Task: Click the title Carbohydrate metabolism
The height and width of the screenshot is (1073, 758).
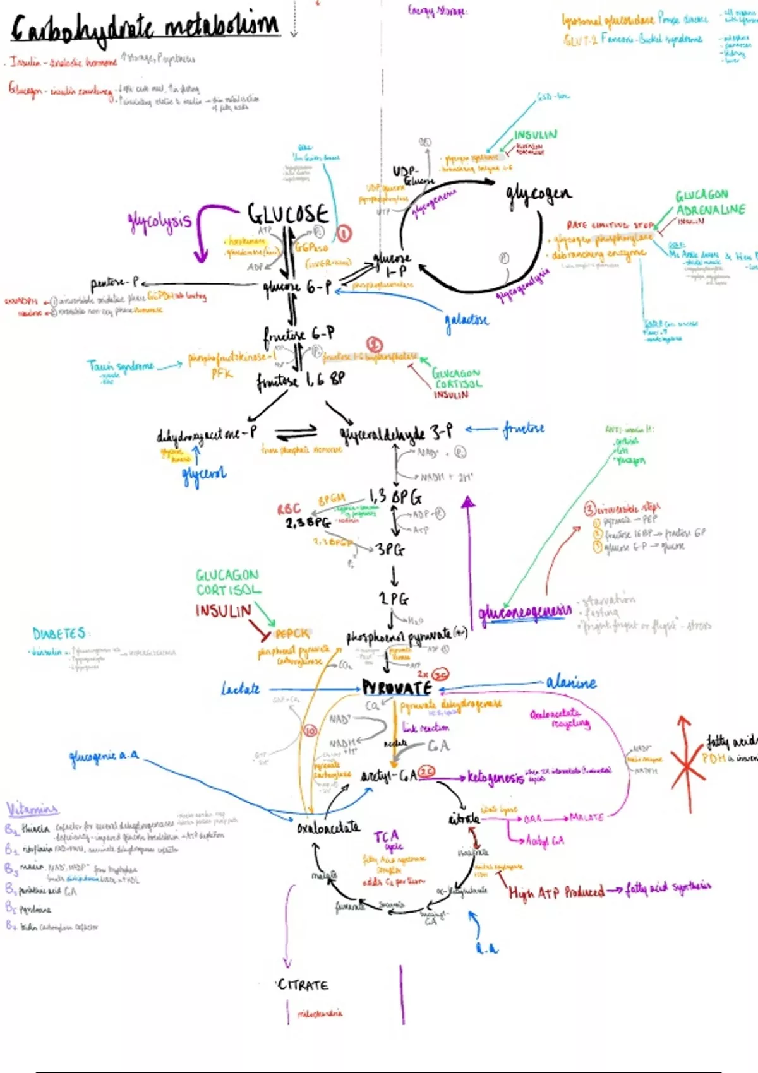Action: (x=145, y=28)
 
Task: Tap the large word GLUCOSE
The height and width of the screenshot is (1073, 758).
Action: (x=287, y=215)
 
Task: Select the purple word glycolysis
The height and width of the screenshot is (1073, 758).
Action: (x=159, y=221)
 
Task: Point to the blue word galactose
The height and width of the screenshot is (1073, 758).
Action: (x=467, y=320)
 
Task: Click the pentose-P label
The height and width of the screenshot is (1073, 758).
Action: (x=115, y=282)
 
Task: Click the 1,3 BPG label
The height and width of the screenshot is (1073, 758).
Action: (x=395, y=497)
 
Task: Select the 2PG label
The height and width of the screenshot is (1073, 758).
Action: (x=393, y=598)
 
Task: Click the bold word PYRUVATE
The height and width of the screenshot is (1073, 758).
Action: (x=397, y=688)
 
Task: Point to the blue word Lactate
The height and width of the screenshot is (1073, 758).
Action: (x=241, y=689)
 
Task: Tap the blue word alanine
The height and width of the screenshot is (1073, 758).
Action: (x=571, y=682)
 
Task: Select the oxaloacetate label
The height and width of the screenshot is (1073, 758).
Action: (x=328, y=827)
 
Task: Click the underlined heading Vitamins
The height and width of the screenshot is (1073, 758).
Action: (x=32, y=809)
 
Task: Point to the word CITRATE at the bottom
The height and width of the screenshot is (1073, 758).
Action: (x=303, y=985)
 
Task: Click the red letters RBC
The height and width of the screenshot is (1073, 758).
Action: (x=289, y=509)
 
